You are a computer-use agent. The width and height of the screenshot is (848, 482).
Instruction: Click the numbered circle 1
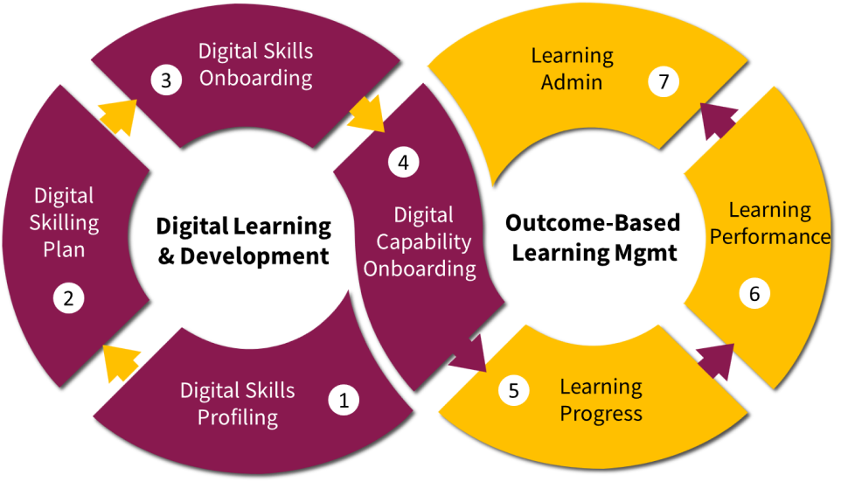coord(344,401)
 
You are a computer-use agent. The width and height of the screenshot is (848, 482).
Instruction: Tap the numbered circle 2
coord(68,299)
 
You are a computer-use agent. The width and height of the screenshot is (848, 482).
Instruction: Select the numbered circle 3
coord(165,80)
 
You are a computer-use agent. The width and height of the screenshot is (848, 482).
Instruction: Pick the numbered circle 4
coord(403,162)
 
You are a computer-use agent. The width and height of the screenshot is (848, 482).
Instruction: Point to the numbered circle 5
coord(514,390)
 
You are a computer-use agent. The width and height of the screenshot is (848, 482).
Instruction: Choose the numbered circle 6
coord(754,294)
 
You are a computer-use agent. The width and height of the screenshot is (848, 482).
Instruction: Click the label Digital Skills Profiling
coord(238,403)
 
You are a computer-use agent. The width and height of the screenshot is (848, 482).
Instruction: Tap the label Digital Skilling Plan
coord(64,222)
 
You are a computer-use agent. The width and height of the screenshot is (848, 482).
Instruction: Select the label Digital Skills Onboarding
coord(255,65)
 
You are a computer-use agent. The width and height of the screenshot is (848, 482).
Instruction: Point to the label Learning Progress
coord(601,400)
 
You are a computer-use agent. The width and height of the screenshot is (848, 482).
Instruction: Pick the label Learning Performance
coord(769,224)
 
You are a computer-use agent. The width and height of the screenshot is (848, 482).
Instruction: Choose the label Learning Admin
coord(572,69)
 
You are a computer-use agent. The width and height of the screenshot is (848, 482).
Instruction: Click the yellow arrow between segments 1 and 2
coord(121,361)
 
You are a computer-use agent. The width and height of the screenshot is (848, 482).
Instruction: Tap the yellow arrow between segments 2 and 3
coord(119,115)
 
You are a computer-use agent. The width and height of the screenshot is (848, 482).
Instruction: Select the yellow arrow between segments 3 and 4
coord(365,116)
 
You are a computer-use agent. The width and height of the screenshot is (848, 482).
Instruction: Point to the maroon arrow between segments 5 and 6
coord(715,360)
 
